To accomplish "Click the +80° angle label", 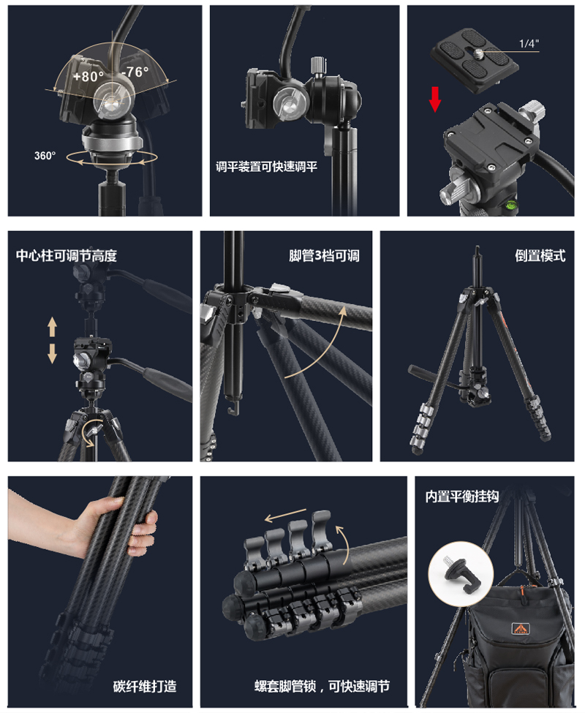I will click(x=88, y=75).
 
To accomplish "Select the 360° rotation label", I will click(x=45, y=155).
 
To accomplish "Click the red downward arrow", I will click(x=435, y=99).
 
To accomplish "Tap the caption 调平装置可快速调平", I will click(x=266, y=166).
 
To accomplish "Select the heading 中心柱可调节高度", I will click(x=67, y=256).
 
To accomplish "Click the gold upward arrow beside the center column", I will click(x=53, y=326).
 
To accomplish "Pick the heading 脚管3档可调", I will click(x=324, y=256).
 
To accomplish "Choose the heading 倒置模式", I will click(x=540, y=256).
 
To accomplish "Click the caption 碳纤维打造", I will click(x=145, y=686).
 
